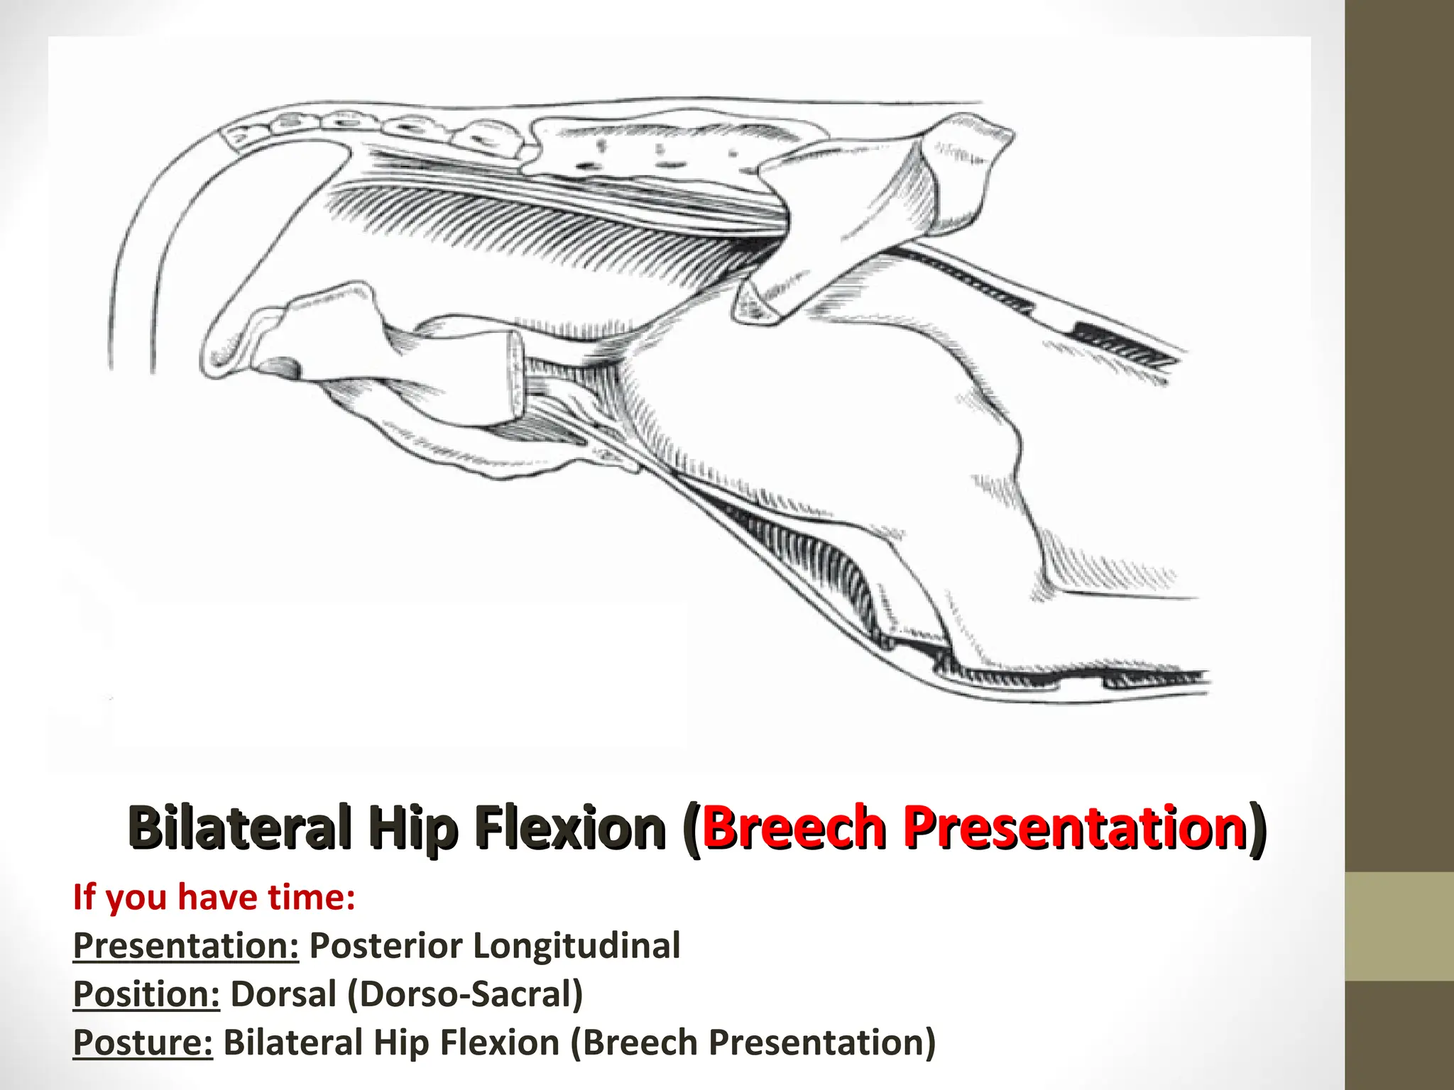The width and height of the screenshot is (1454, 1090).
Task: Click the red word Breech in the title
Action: point(792,827)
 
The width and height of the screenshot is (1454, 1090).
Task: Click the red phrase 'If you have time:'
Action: point(214,897)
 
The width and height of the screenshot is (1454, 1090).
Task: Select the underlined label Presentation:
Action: point(186,945)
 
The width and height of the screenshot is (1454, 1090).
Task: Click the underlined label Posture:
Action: point(143,1042)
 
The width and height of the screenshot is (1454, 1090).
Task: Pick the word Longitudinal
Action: point(576,945)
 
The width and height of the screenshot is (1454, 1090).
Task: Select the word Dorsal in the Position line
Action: point(283,993)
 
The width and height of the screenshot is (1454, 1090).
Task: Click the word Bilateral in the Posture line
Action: point(293,1042)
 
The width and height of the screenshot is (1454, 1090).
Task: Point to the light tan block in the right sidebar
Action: point(1399,927)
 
